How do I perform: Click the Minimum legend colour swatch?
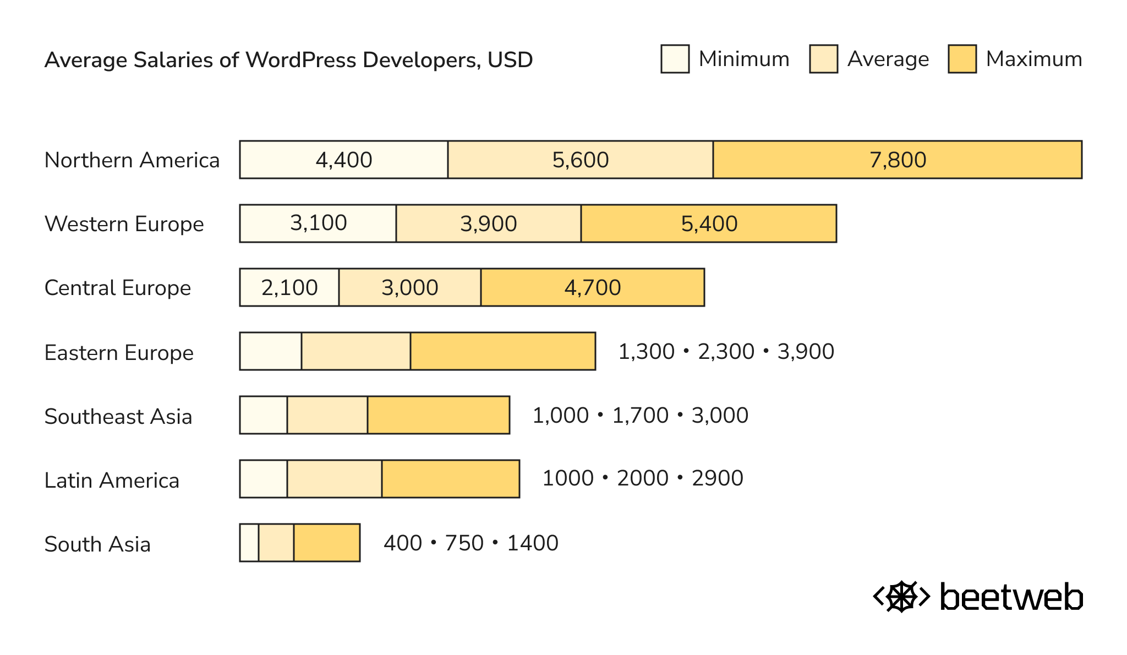point(675,59)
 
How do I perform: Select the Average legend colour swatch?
point(823,59)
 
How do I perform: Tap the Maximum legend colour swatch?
point(962,59)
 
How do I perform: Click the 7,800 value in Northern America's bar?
point(898,160)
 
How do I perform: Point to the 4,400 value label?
point(344,160)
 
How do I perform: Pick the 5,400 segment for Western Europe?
point(709,224)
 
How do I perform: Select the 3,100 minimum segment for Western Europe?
point(318,223)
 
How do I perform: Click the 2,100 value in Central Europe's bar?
point(289,288)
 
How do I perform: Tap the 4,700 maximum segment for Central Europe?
point(593,288)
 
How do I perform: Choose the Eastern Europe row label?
point(119,353)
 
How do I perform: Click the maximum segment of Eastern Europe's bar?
point(503,352)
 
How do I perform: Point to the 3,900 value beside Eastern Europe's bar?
point(806,352)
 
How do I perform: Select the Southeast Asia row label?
point(118,417)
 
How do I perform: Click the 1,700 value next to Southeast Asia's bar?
point(640,416)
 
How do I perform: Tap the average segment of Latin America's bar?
point(335,479)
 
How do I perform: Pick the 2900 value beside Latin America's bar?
point(717,478)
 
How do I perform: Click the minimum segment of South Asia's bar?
point(249,543)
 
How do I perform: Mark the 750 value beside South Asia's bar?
point(464,543)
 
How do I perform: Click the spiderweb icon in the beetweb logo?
point(901,597)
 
